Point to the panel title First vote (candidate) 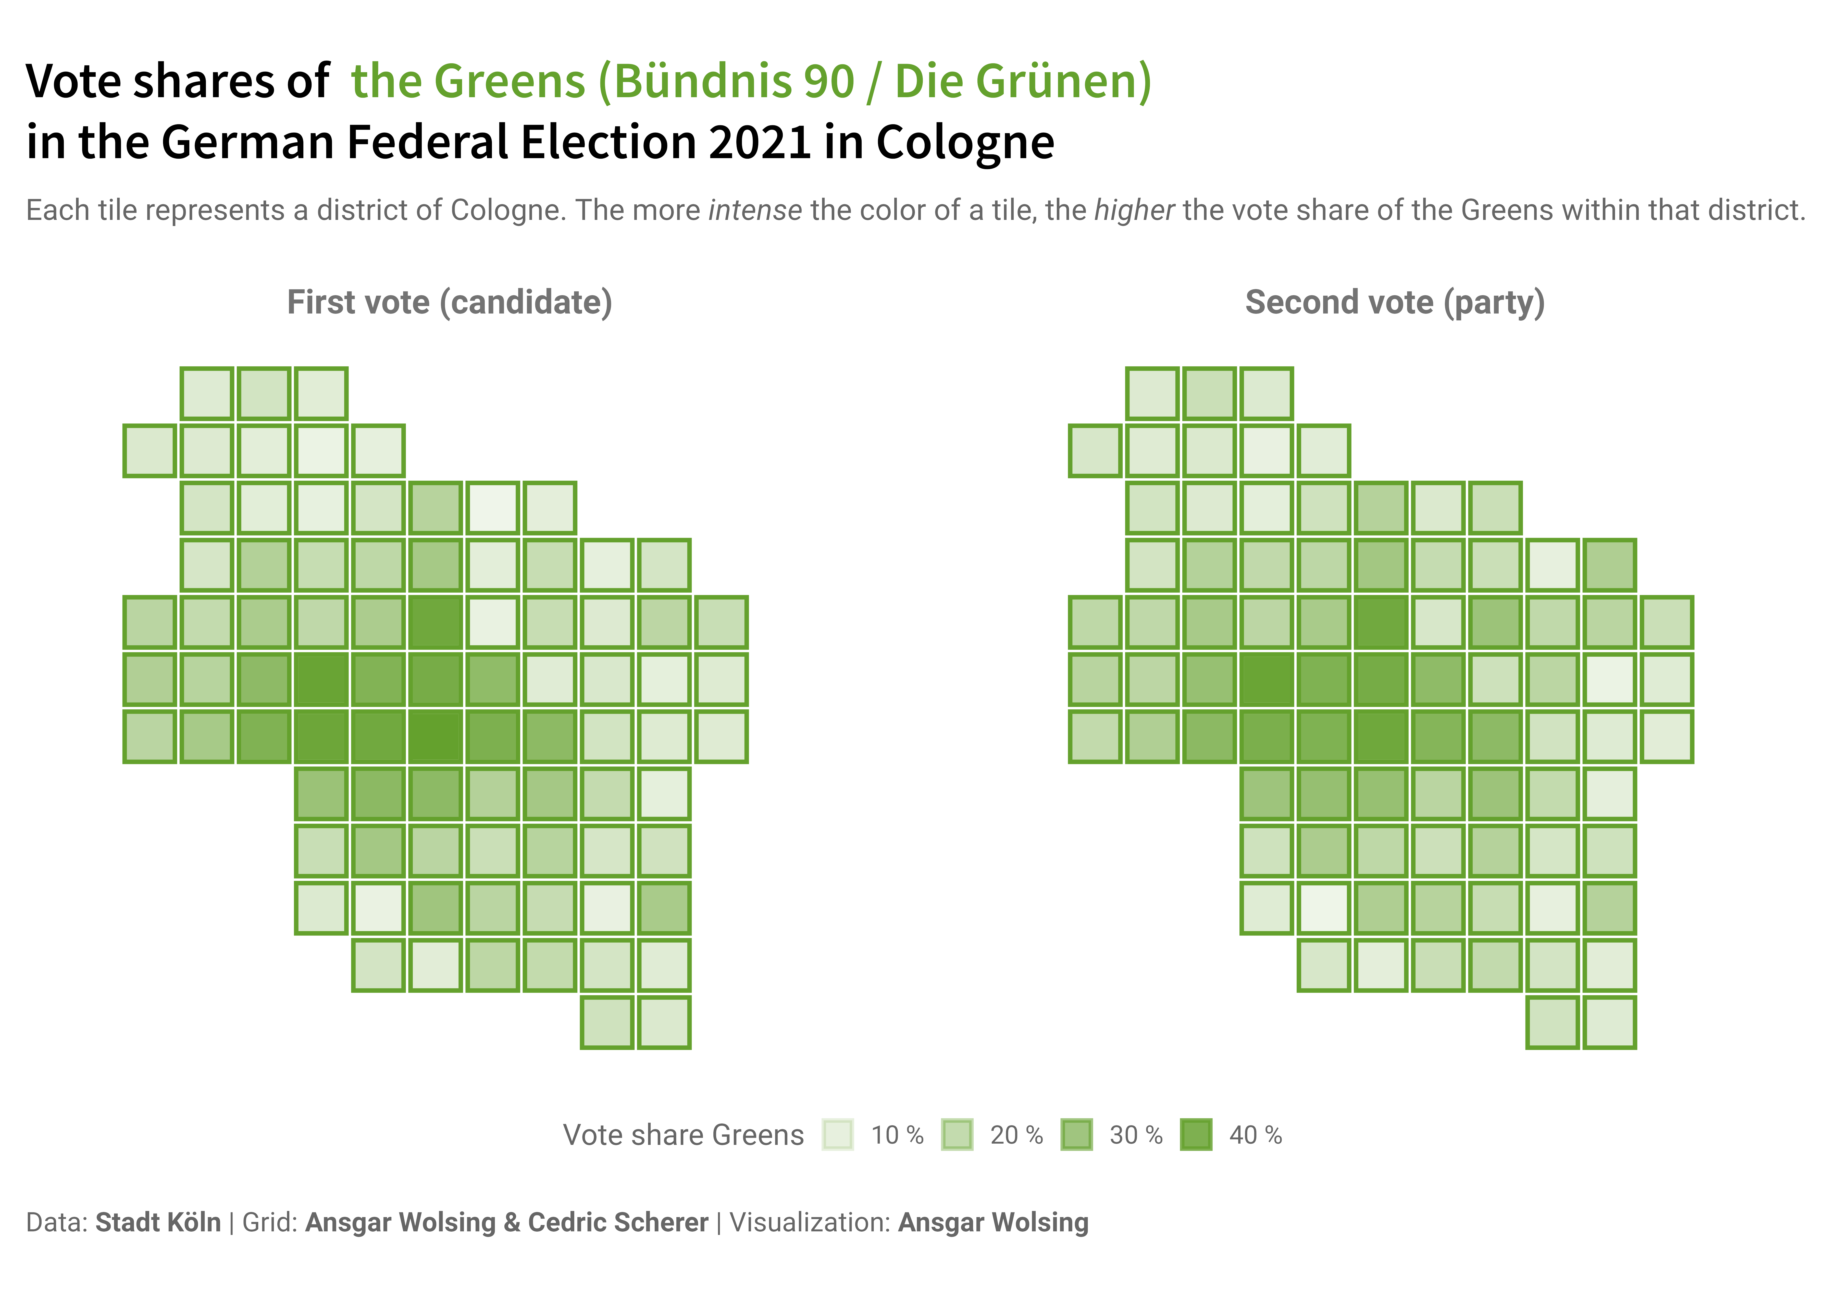click(450, 303)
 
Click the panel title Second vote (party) click(1395, 303)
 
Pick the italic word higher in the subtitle click(1134, 211)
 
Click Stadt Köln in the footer click(158, 1222)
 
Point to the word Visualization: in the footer click(810, 1222)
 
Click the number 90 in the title click(829, 82)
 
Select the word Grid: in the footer click(270, 1222)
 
